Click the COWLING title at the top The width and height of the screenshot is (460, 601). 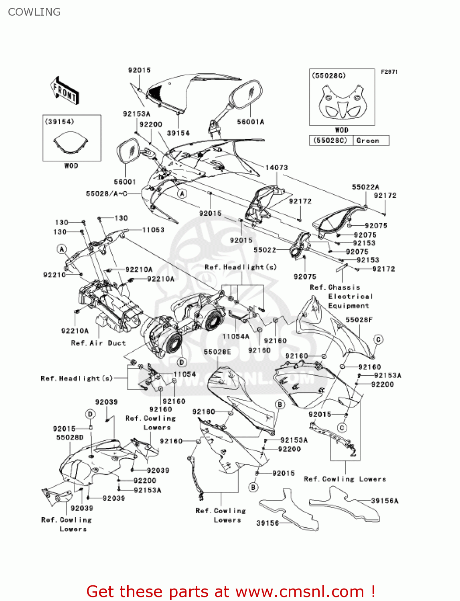(34, 12)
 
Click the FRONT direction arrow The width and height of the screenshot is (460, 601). (65, 91)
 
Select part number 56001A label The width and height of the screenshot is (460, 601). (251, 122)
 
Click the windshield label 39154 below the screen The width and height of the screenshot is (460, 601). (178, 133)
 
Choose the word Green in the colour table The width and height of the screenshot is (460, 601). (367, 141)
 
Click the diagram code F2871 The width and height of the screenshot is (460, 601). (389, 72)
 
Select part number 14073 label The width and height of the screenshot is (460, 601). (276, 167)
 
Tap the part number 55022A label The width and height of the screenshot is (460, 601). (365, 187)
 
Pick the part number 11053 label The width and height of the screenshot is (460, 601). (153, 230)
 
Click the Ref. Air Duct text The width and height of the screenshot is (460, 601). (98, 343)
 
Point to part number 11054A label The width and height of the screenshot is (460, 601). (236, 336)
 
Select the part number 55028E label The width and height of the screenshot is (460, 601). (217, 352)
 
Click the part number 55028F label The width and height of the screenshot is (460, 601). (359, 320)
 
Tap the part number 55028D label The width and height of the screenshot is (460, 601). (70, 437)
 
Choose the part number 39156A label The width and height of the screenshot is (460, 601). (385, 500)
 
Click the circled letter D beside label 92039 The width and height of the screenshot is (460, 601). (91, 414)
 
